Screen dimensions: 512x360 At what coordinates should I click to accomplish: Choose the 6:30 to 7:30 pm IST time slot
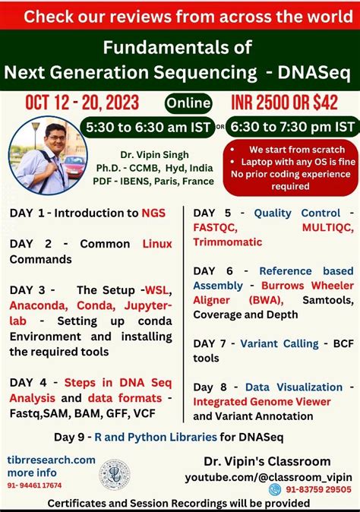click(x=293, y=126)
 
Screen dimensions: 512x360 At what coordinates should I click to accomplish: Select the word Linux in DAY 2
click(x=157, y=244)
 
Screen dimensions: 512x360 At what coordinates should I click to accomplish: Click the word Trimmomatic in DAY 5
click(x=228, y=242)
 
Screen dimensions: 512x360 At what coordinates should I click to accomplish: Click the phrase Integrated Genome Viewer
click(x=262, y=401)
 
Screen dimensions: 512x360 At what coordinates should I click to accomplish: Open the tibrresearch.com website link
click(x=52, y=460)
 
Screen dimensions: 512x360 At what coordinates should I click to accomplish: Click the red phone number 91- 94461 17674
click(x=36, y=485)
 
